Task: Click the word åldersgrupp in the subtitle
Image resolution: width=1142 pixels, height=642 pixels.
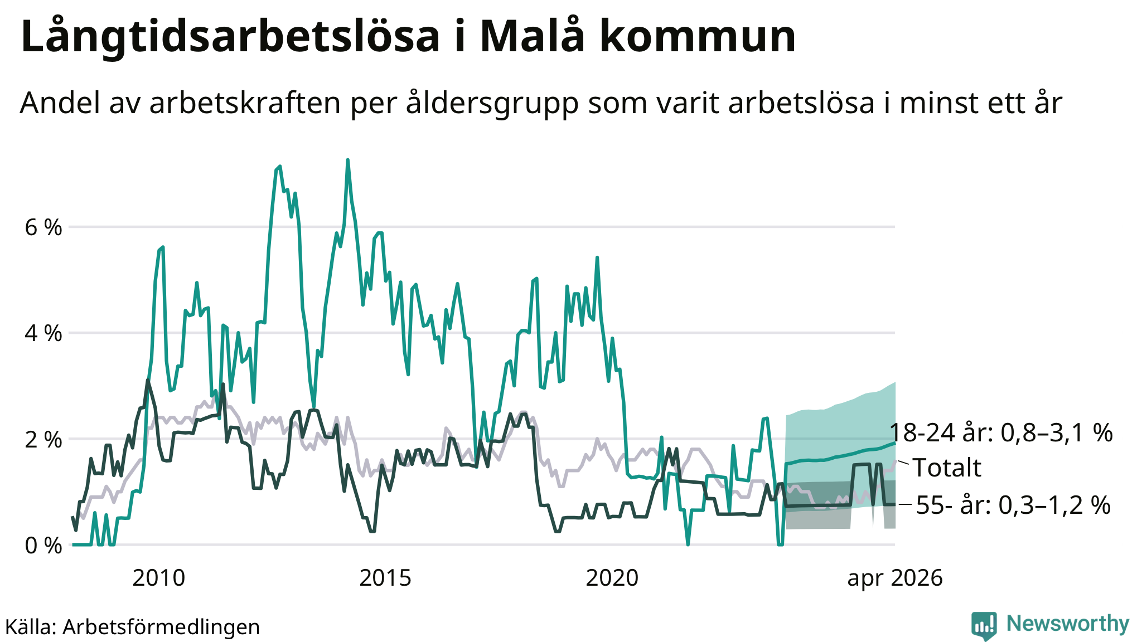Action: [492, 104]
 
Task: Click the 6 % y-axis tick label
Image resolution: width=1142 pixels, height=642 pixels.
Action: [43, 227]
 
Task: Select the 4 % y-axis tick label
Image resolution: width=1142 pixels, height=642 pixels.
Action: [43, 333]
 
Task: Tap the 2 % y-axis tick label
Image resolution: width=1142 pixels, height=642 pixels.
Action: [43, 439]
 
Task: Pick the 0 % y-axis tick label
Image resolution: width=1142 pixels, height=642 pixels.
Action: [43, 545]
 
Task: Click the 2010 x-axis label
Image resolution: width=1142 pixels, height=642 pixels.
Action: [159, 578]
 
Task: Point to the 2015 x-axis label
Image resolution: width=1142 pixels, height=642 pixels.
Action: [385, 578]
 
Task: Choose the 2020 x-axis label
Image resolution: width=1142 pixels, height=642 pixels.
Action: [612, 578]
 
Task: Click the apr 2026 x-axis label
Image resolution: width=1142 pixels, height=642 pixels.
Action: [895, 579]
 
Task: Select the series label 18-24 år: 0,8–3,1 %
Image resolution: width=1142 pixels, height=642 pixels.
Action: [1001, 433]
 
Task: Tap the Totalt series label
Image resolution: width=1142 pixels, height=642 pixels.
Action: [947, 468]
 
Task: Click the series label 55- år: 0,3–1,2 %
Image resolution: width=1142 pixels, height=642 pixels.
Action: [1013, 505]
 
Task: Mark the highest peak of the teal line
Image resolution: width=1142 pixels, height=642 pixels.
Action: [347, 160]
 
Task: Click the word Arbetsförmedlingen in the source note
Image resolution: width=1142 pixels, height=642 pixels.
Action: [161, 627]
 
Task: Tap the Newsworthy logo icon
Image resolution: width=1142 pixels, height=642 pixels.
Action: [984, 626]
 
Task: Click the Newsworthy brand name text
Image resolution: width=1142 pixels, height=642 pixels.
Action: [1068, 624]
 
